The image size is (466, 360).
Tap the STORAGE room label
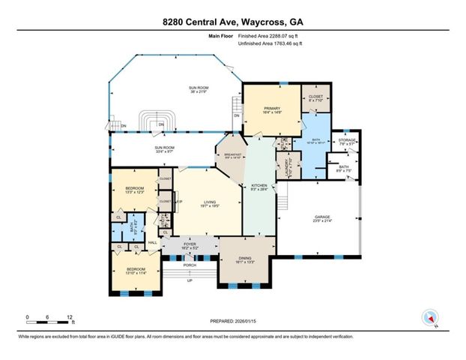coord(347,140)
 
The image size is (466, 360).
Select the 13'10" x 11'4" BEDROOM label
coord(136,271)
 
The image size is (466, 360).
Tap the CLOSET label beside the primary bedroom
coord(315,97)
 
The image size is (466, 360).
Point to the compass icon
coord(429,317)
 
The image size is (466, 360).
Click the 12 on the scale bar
coord(69,316)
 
